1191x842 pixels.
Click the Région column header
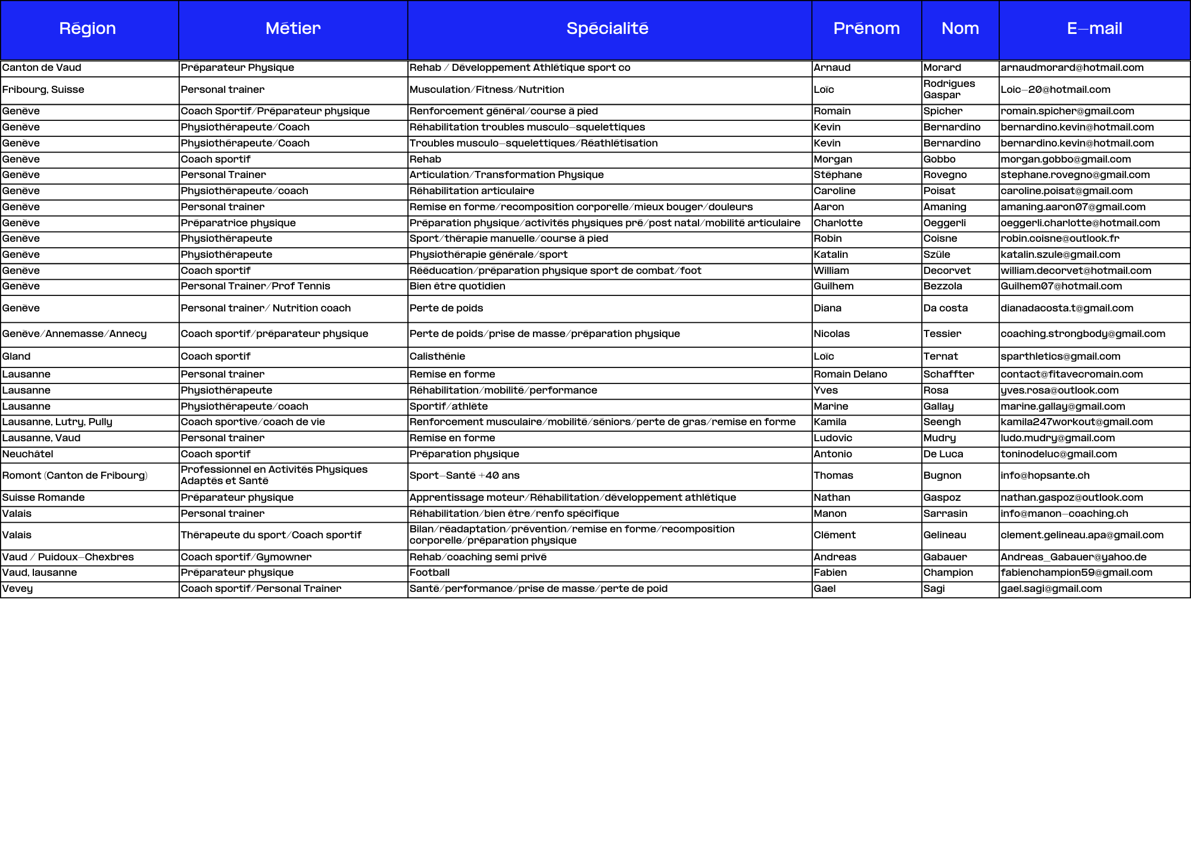(x=88, y=29)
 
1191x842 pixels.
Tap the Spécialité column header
(x=607, y=29)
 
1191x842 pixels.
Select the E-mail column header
(x=1095, y=29)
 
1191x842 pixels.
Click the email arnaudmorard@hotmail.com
(x=1072, y=68)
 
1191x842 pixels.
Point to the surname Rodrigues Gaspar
(x=949, y=89)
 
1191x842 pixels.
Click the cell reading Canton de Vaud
(x=42, y=68)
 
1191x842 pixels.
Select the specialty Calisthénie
(x=437, y=357)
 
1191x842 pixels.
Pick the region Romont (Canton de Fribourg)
(x=75, y=476)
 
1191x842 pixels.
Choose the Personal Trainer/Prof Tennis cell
(x=255, y=286)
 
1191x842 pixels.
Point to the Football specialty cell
(x=429, y=573)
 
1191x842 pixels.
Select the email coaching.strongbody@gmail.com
(x=1083, y=334)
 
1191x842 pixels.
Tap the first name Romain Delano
(x=850, y=375)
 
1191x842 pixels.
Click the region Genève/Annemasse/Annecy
(x=74, y=334)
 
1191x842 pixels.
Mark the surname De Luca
(x=943, y=454)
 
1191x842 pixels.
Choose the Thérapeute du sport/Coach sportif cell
(x=271, y=535)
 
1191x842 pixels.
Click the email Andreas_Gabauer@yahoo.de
(x=1074, y=557)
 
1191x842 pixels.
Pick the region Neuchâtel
(x=28, y=454)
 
